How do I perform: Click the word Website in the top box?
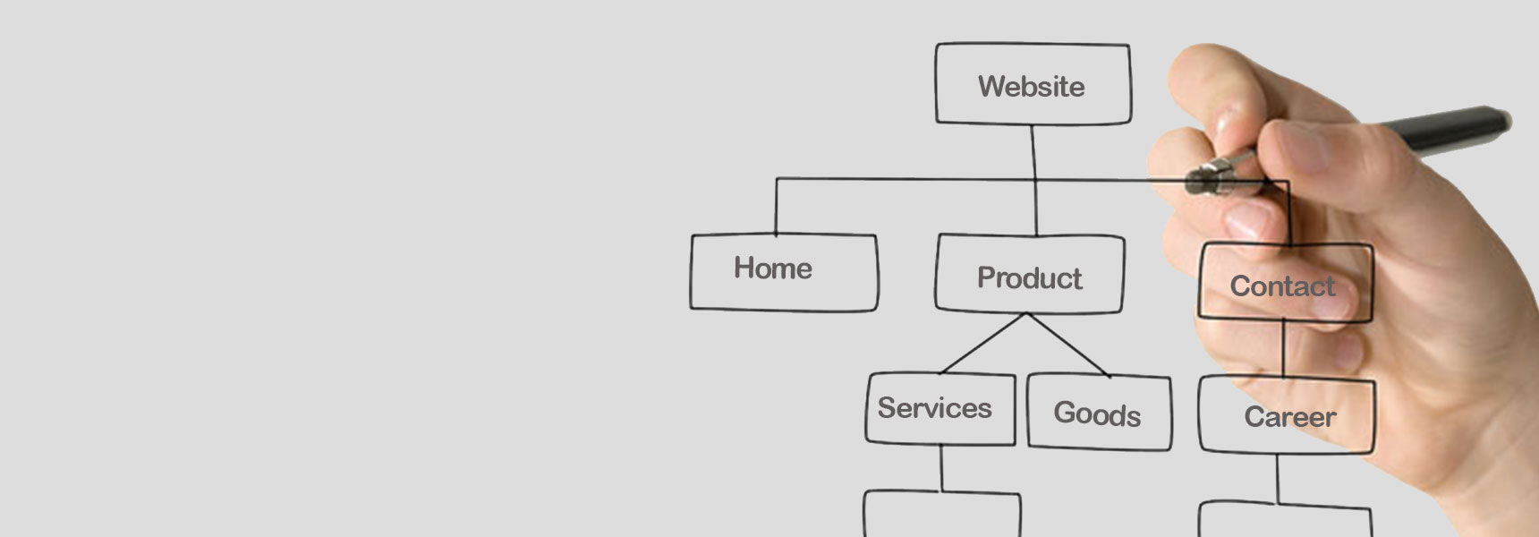click(1031, 87)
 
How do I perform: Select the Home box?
click(784, 272)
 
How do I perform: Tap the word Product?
click(1029, 278)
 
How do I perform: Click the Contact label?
click(1281, 286)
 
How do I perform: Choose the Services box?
click(940, 409)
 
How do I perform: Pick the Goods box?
click(1099, 413)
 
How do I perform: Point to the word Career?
click(1289, 417)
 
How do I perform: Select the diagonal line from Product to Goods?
click(1069, 345)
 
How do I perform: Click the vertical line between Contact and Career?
click(1283, 349)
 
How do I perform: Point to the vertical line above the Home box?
click(776, 206)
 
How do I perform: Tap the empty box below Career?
click(1284, 521)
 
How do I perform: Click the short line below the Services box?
click(941, 467)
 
